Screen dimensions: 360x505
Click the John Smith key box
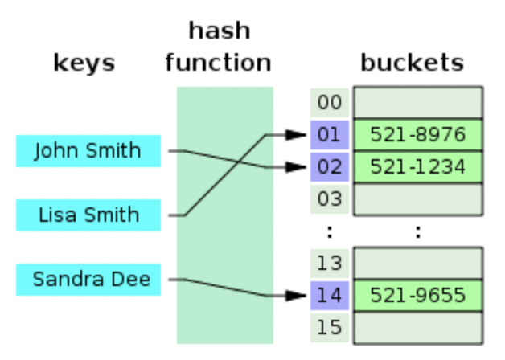point(88,151)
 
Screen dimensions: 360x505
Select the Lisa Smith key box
point(88,215)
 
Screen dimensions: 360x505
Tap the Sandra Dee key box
point(88,280)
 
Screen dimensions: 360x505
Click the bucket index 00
point(329,103)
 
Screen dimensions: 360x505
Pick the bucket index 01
point(329,135)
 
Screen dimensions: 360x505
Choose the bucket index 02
point(329,167)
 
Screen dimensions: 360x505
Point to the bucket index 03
point(329,198)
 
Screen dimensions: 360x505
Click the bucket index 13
point(329,263)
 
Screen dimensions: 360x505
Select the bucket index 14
point(329,295)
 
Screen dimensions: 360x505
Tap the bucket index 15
point(329,327)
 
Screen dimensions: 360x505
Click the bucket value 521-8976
point(418,135)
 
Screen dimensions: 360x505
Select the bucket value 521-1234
point(418,167)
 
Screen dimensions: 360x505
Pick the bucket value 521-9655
point(418,295)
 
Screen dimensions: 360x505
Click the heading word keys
point(84,63)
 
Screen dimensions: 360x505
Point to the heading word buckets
point(412,63)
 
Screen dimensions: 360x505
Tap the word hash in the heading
point(219,31)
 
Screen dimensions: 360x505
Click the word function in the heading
point(219,63)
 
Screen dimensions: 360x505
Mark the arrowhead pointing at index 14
point(299,296)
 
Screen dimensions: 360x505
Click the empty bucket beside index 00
point(418,103)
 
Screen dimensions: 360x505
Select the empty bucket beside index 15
point(418,327)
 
